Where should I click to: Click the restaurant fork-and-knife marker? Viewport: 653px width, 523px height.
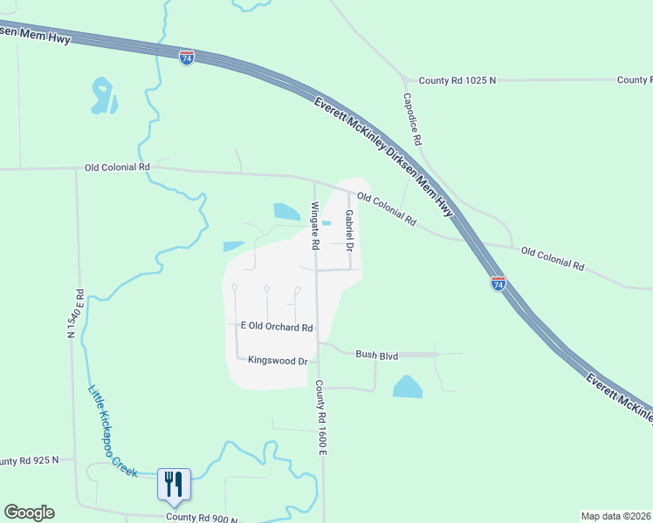(173, 483)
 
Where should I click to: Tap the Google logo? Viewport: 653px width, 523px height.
(29, 513)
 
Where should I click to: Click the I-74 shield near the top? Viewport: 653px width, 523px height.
(187, 58)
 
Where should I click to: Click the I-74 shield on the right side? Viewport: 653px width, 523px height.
(498, 283)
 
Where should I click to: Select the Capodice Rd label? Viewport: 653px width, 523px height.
(412, 119)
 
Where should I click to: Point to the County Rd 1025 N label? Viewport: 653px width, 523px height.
(457, 80)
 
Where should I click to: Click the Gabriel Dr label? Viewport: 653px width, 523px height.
(348, 231)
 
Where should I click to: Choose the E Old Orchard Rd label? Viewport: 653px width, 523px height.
(276, 327)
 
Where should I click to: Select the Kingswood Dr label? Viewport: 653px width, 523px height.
(278, 360)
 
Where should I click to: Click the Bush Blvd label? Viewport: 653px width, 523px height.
(376, 355)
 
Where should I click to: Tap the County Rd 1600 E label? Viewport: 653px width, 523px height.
(320, 417)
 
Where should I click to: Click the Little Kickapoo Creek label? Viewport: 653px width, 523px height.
(112, 431)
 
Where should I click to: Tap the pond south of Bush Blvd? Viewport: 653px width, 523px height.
(407, 387)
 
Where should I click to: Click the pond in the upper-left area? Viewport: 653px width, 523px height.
(103, 97)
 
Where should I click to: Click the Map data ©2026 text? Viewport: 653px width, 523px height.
(616, 516)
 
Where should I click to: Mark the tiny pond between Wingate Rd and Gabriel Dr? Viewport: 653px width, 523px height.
(326, 223)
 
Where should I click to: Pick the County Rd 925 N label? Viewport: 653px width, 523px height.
(30, 459)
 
